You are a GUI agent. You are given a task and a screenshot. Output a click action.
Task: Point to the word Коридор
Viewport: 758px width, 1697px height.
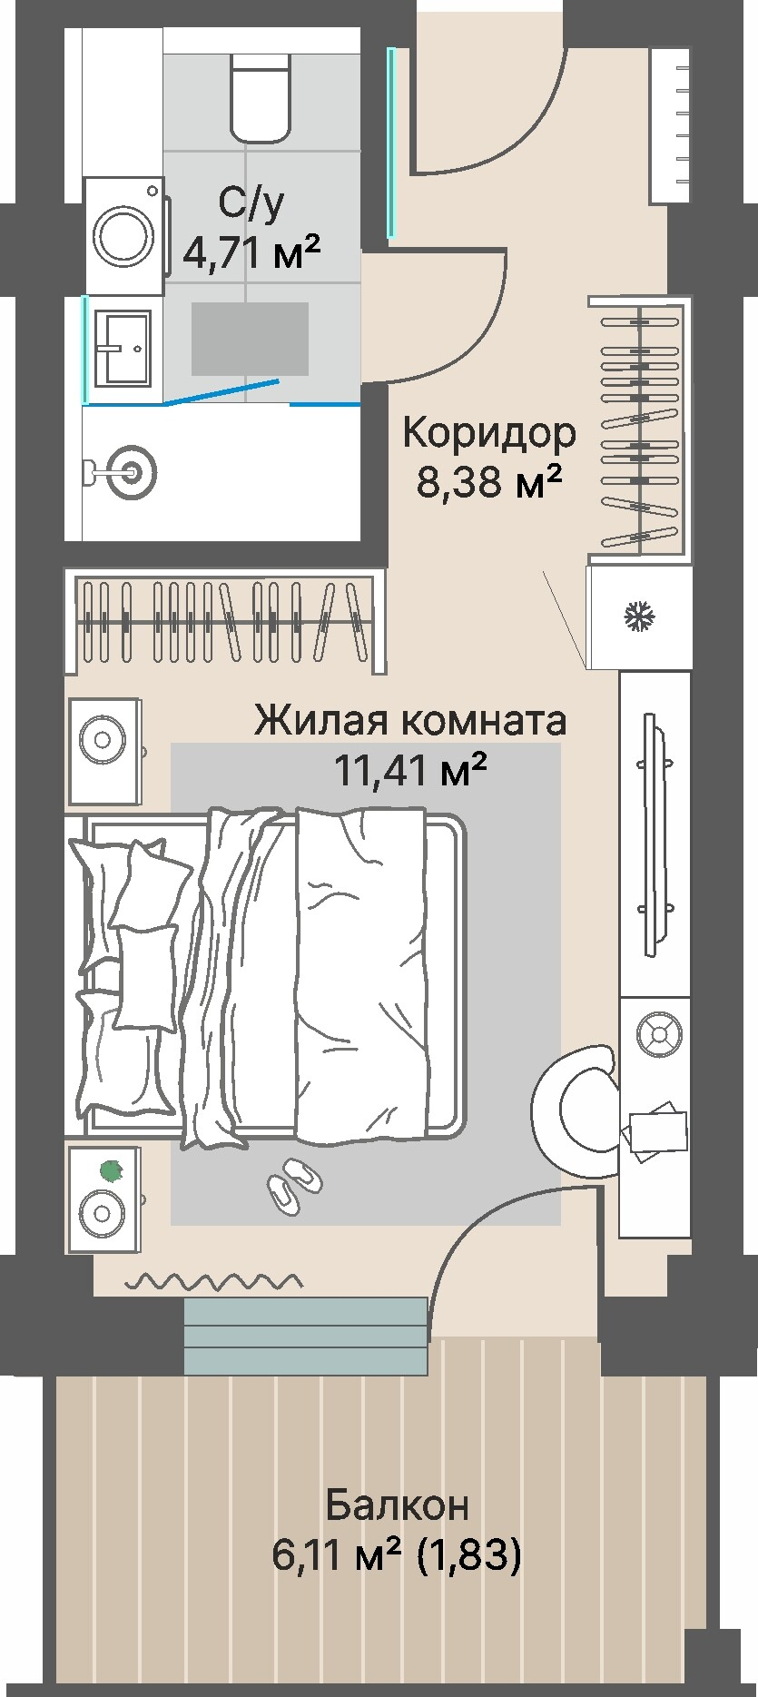tap(488, 434)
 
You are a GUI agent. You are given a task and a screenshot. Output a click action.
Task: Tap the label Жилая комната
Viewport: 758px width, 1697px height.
tap(410, 721)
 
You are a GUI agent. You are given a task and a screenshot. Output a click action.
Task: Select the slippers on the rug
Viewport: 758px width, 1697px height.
tap(294, 1184)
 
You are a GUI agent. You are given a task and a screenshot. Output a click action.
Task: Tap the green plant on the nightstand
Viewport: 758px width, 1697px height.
tap(111, 1170)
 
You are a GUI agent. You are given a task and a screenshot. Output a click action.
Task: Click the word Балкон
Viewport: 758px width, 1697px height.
tap(397, 1505)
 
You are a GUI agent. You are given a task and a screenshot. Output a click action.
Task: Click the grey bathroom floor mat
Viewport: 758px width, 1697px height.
tap(250, 339)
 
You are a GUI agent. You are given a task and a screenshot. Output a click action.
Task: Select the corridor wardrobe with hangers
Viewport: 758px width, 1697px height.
tap(639, 425)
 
